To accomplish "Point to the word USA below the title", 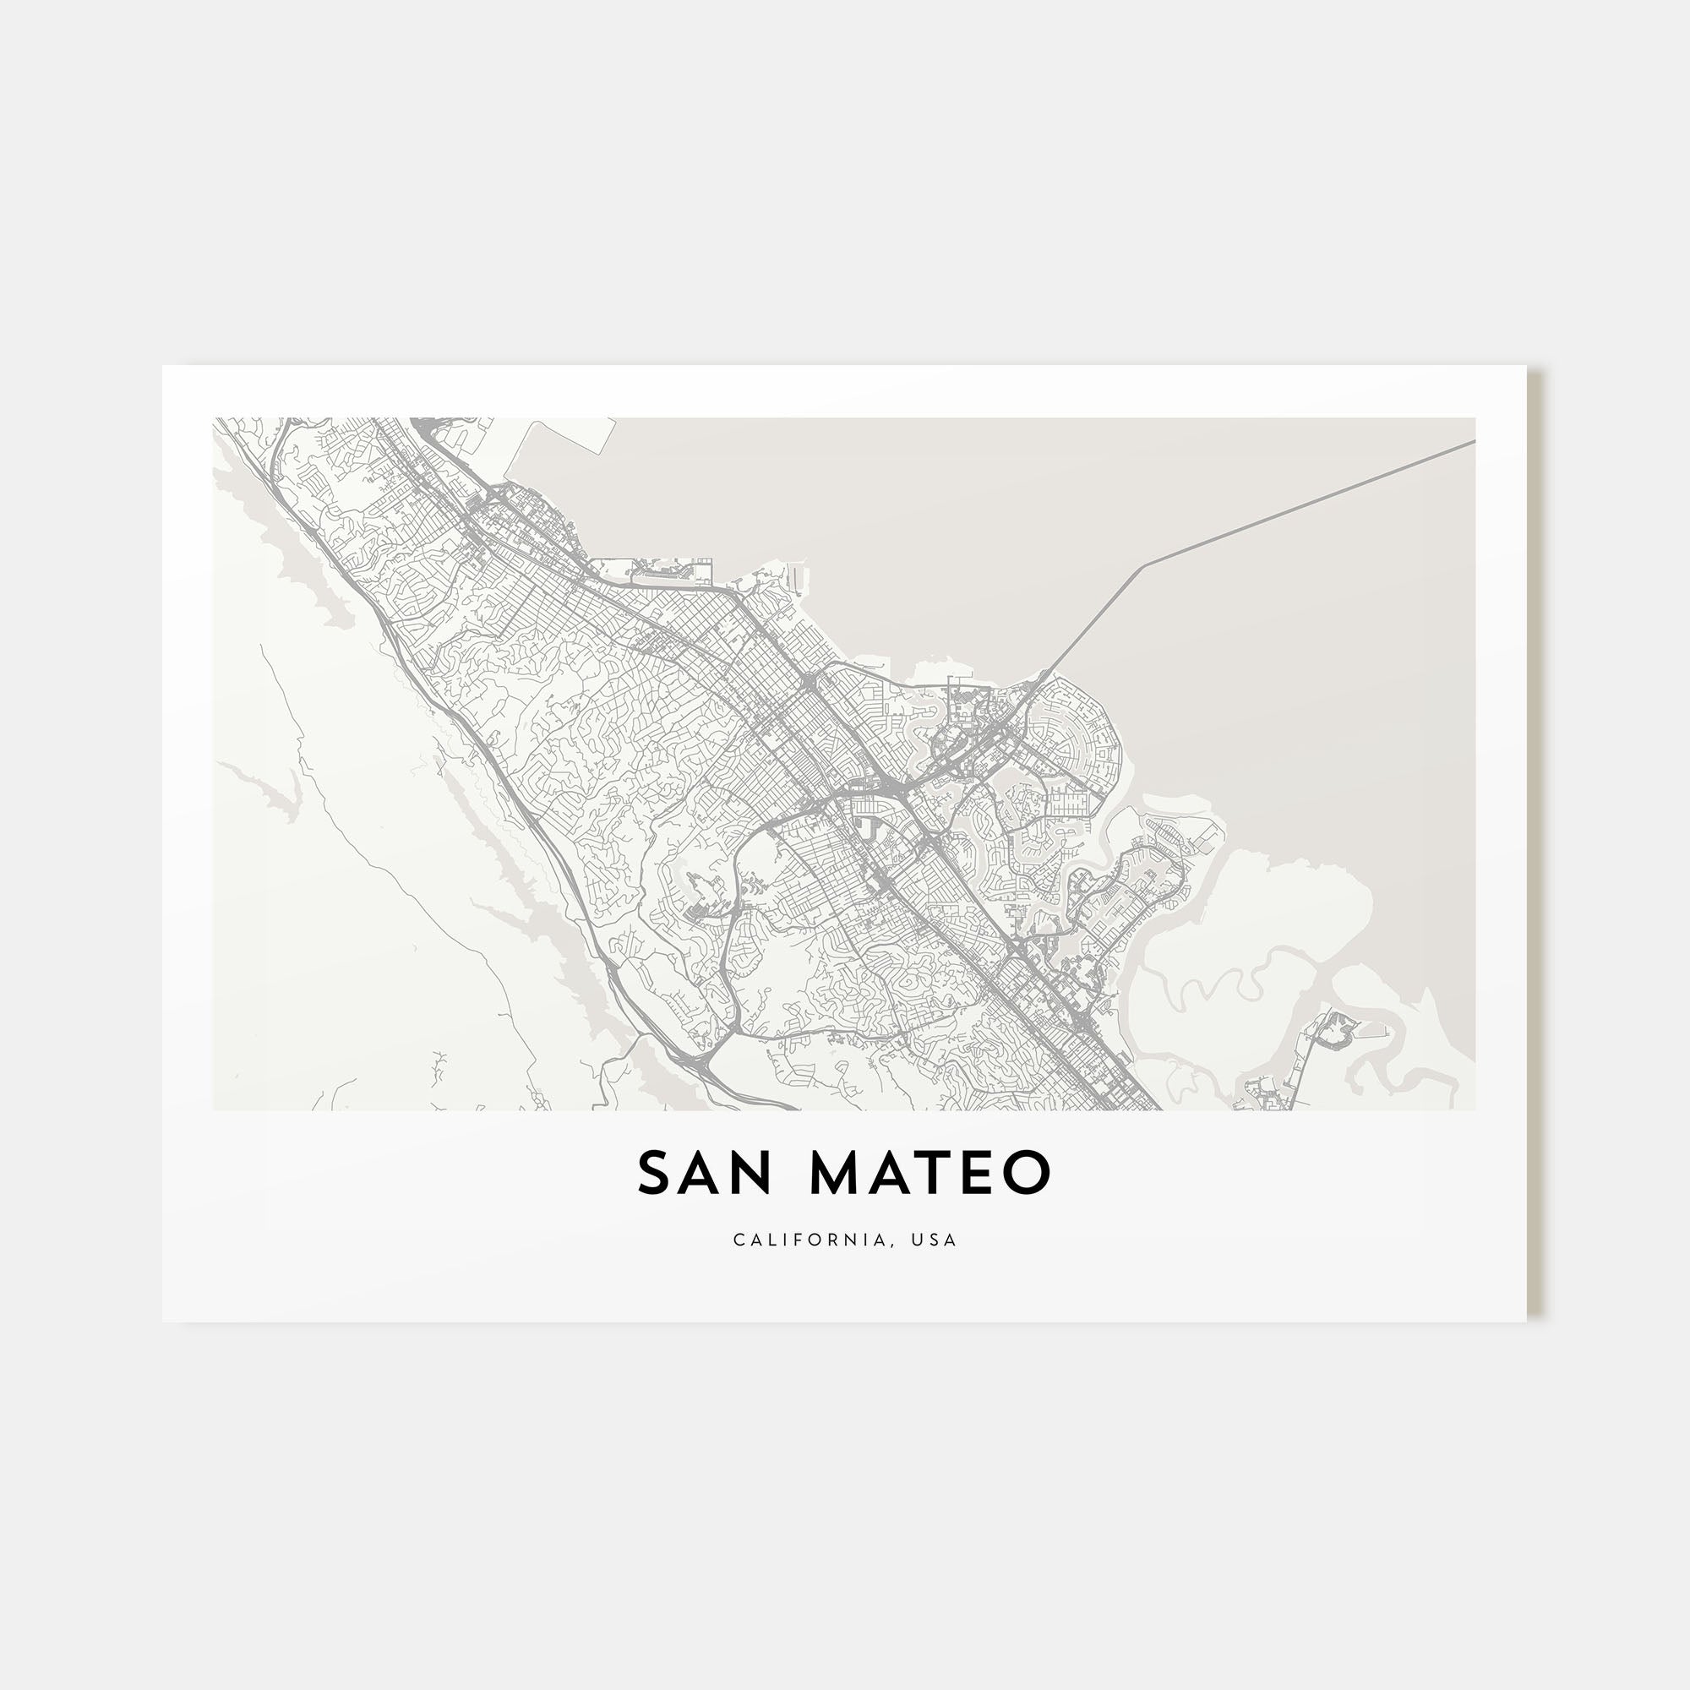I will click(x=934, y=1240).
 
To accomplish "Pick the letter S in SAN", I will click(x=654, y=1173).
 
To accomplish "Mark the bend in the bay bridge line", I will click(x=1143, y=565).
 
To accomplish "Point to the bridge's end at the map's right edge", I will click(x=1473, y=442).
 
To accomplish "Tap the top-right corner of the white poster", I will click(x=1525, y=367).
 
